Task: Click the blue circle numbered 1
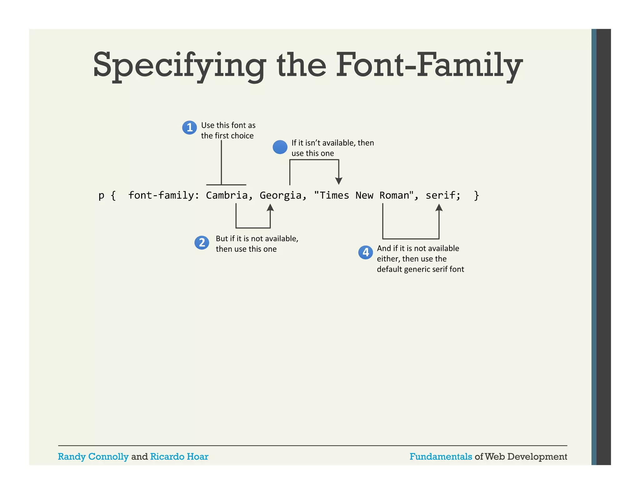pyautogui.click(x=189, y=127)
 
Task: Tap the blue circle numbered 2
pyautogui.click(x=202, y=243)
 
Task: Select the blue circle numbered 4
pyautogui.click(x=365, y=252)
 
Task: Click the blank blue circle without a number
pyautogui.click(x=280, y=147)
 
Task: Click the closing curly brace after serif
pyautogui.click(x=476, y=195)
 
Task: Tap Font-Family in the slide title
pyautogui.click(x=429, y=66)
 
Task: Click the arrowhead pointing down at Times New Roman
pyautogui.click(x=339, y=181)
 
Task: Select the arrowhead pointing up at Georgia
pyautogui.click(x=270, y=208)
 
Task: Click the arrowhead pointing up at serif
pyautogui.click(x=439, y=208)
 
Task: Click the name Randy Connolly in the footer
pyautogui.click(x=93, y=457)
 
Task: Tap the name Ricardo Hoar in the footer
pyautogui.click(x=179, y=457)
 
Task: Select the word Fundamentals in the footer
pyautogui.click(x=441, y=457)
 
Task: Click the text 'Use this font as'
pyautogui.click(x=228, y=125)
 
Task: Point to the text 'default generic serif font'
pyautogui.click(x=420, y=269)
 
